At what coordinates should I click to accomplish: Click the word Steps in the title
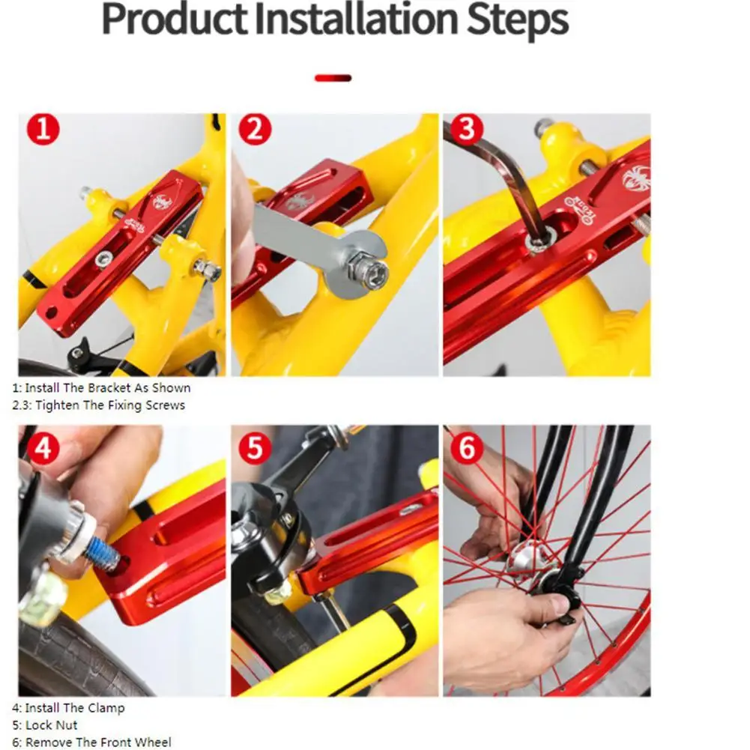click(x=518, y=21)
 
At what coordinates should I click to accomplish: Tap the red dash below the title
click(x=333, y=78)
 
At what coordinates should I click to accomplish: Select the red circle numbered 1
click(x=43, y=129)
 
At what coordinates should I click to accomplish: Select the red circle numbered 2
click(x=255, y=129)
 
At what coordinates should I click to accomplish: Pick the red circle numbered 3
click(x=467, y=129)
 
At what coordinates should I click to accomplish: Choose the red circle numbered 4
click(x=43, y=448)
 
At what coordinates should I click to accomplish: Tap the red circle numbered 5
click(x=255, y=448)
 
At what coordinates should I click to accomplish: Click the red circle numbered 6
click(x=467, y=448)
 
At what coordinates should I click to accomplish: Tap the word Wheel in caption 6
click(x=154, y=743)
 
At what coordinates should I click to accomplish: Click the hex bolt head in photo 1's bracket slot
click(x=103, y=259)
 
